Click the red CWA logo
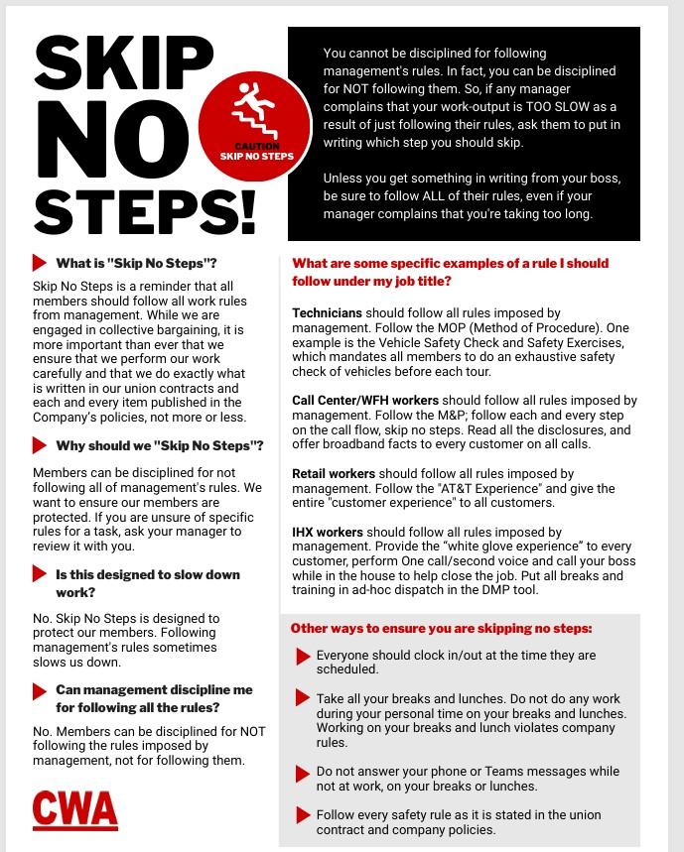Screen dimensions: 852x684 (x=74, y=808)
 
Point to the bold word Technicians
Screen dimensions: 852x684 (x=327, y=313)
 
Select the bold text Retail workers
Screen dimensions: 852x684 (x=333, y=474)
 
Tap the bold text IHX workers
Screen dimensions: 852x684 (x=328, y=533)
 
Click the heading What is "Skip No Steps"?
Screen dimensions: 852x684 (x=136, y=263)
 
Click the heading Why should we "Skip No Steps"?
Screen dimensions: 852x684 (x=159, y=445)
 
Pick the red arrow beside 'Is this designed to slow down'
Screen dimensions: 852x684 (x=40, y=575)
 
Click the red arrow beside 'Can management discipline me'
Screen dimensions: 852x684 (x=40, y=691)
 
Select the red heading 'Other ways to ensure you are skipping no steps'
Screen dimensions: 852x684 (x=441, y=628)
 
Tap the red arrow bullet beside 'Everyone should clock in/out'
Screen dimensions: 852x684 (x=303, y=657)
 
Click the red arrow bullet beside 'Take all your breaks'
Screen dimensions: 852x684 (x=303, y=699)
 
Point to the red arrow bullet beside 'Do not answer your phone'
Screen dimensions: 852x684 (x=303, y=772)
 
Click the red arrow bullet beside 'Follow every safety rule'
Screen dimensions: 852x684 (x=303, y=815)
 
